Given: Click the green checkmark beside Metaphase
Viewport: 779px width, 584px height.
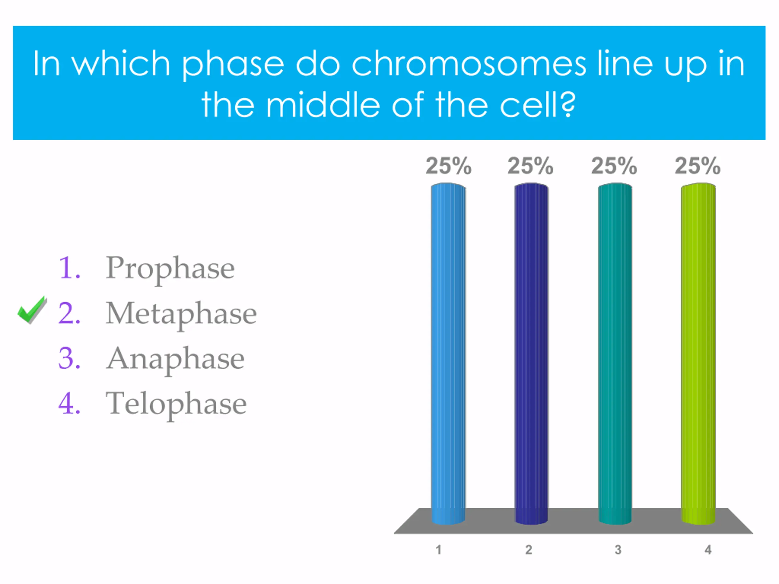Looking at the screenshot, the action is coord(32,310).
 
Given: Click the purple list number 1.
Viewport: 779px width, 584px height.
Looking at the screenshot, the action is coord(69,268).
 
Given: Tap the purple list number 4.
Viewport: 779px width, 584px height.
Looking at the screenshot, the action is coord(69,403).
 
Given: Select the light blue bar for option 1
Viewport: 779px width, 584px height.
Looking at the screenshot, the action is coord(448,353).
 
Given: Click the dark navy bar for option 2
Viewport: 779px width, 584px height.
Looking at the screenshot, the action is coord(531,353).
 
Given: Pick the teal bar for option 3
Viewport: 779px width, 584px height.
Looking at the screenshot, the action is coord(615,353).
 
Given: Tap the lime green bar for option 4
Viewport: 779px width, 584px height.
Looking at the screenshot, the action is coord(698,353).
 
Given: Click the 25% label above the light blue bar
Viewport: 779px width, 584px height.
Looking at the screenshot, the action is coord(448,166).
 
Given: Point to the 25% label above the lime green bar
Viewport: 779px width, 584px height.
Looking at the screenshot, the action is coord(698,166).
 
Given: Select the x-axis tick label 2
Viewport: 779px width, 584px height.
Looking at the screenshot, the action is coord(529,550).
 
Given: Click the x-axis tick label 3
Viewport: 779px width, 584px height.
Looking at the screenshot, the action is coord(618,550).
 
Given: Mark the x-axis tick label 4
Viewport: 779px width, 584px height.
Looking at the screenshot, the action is coord(708,550).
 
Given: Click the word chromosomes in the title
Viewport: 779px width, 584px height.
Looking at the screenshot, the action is coord(469,64).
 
